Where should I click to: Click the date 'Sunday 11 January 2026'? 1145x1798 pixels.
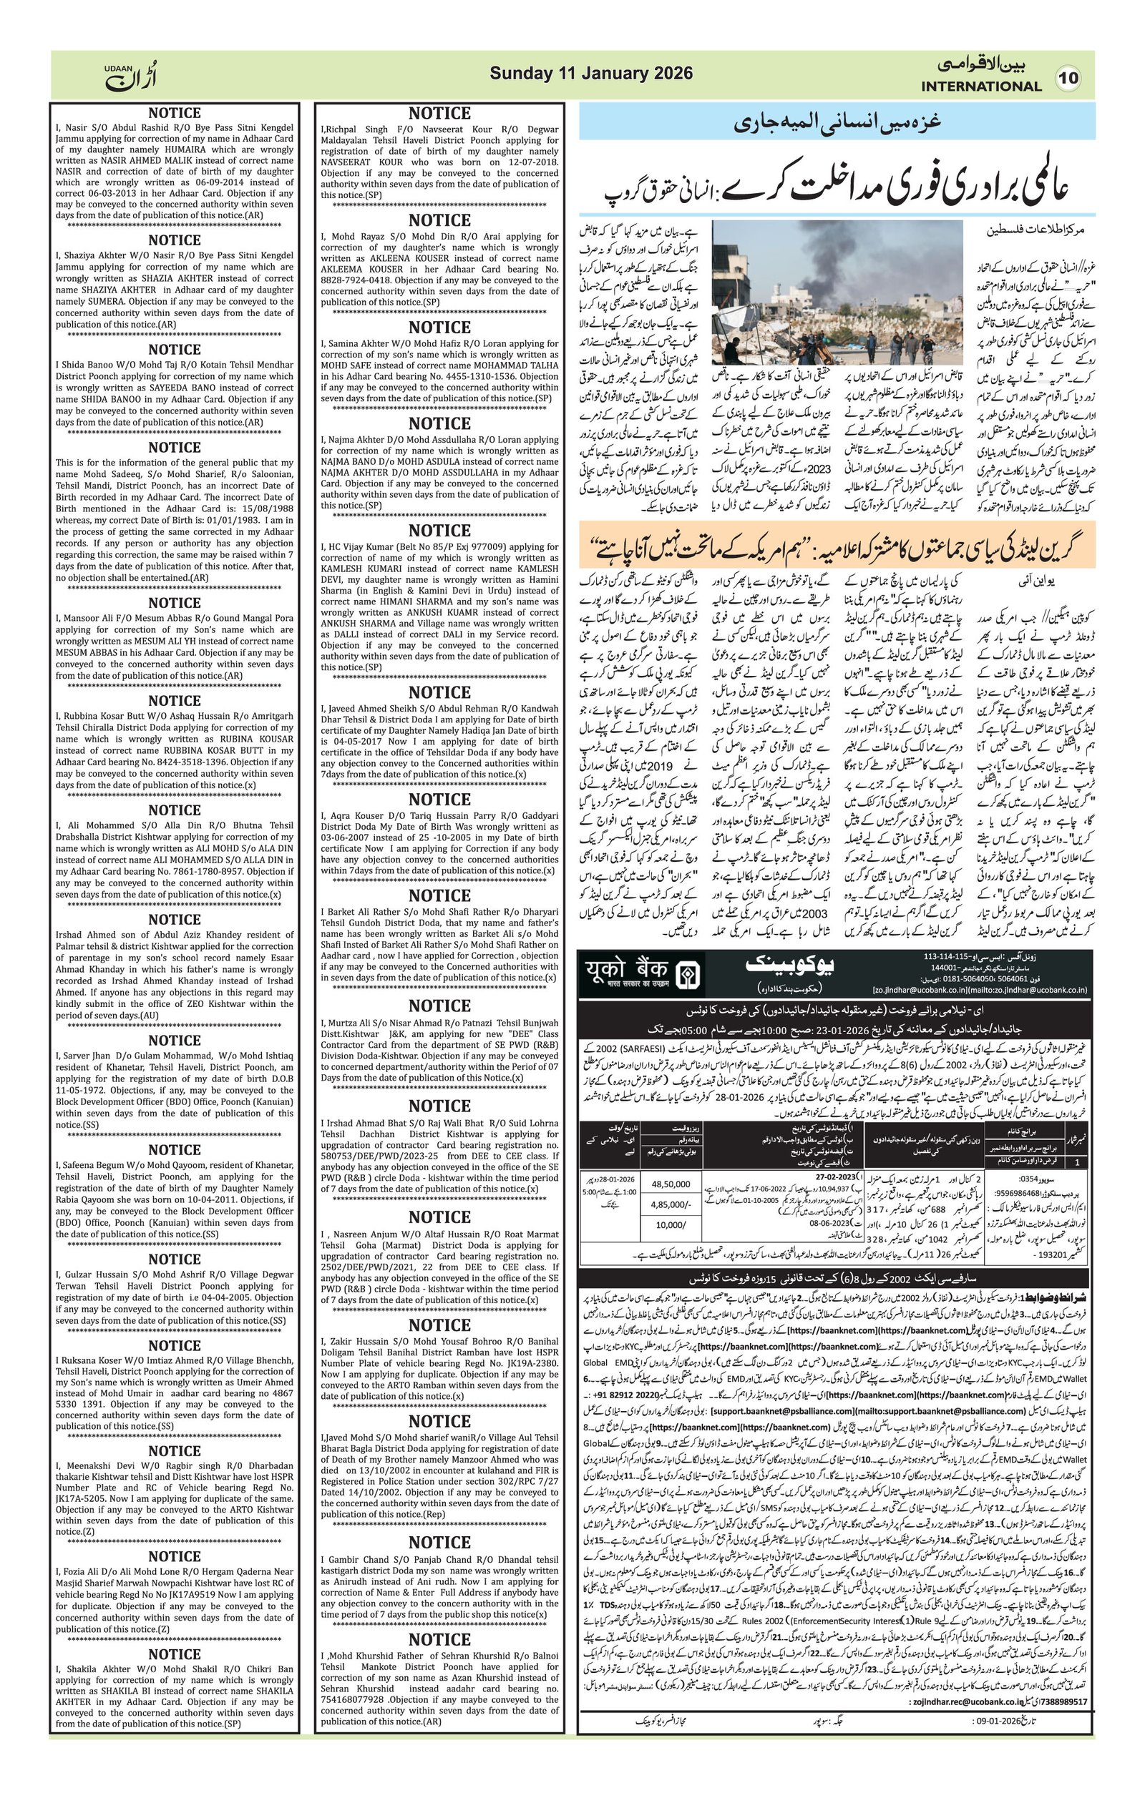[591, 74]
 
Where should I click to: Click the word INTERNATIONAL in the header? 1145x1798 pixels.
[980, 87]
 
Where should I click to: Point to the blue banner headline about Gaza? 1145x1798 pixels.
[837, 122]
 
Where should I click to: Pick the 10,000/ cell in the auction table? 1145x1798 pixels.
[670, 1224]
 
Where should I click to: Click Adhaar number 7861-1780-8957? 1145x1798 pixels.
[240, 870]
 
